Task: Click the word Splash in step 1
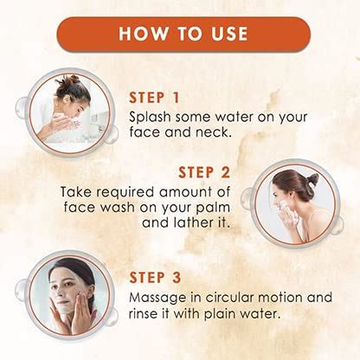point(151,117)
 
